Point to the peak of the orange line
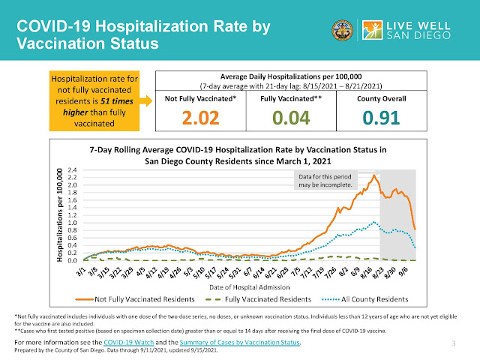(373, 175)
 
